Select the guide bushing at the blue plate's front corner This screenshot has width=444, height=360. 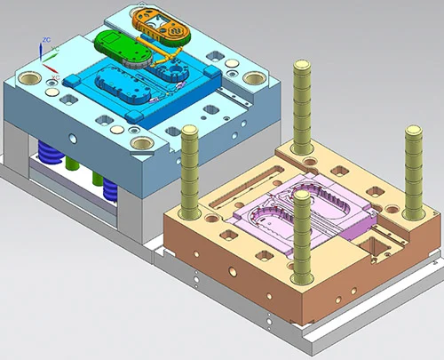[139, 140]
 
